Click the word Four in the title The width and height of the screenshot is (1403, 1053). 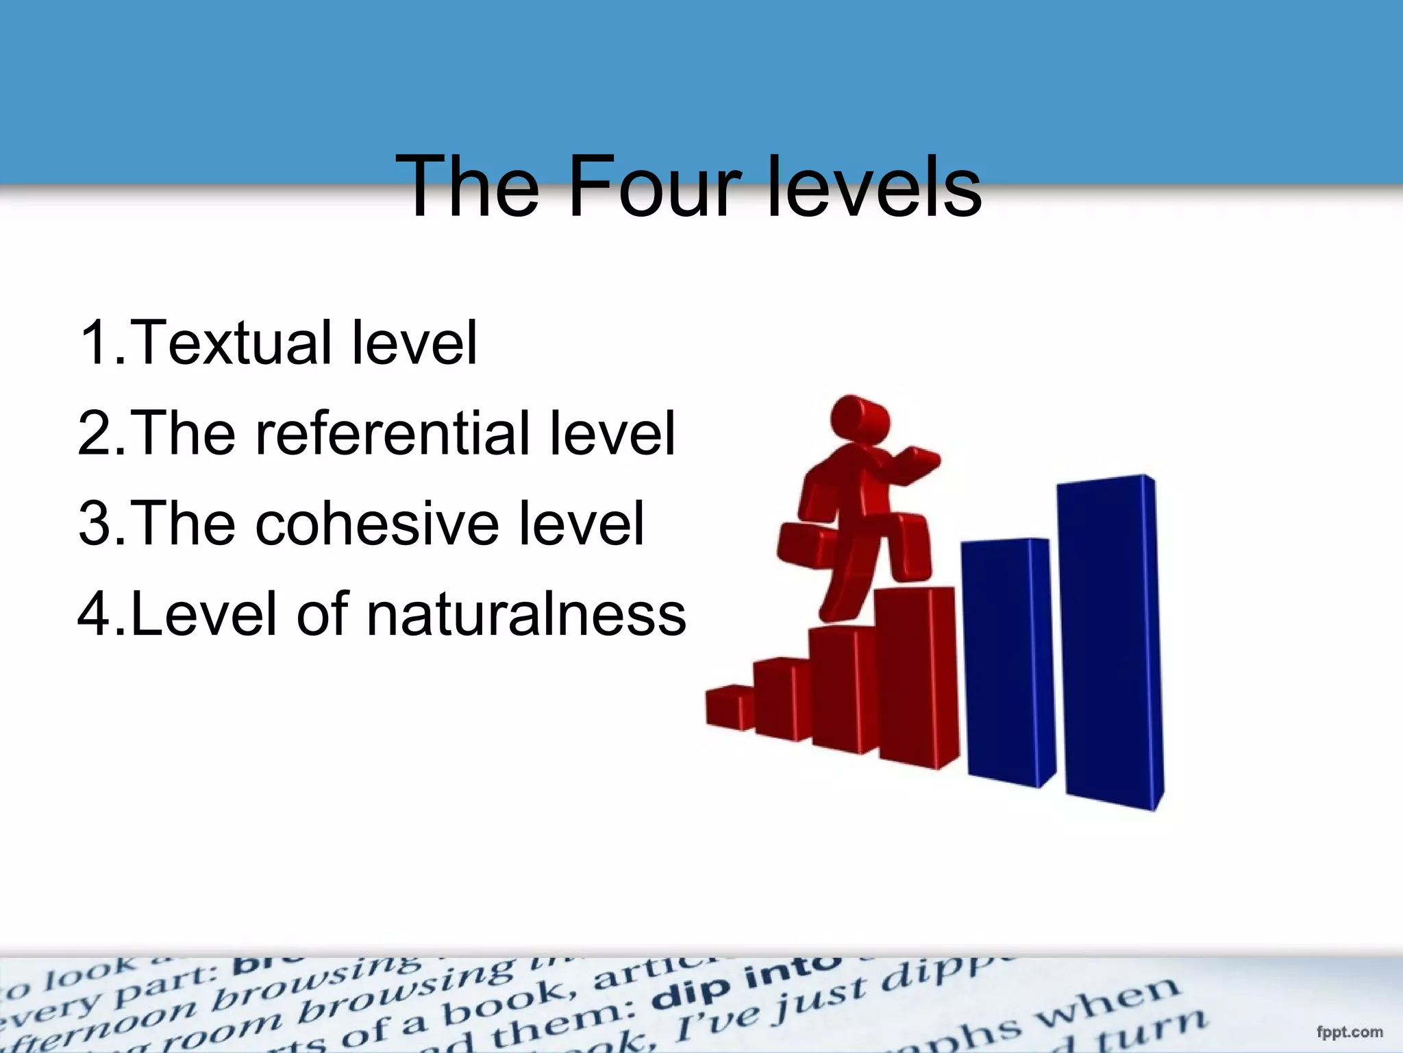(x=654, y=186)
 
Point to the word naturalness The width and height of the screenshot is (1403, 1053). (x=525, y=614)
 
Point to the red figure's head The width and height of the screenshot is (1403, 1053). (x=860, y=418)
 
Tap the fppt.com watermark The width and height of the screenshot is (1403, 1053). (x=1349, y=1032)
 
